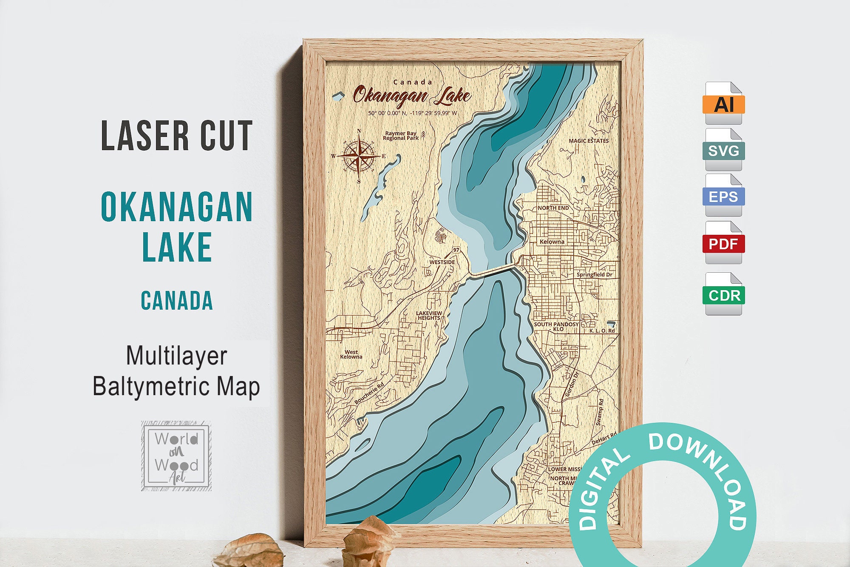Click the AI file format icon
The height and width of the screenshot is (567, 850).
tap(723, 103)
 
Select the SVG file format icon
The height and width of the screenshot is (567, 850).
tap(723, 150)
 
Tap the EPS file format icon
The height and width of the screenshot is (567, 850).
tap(723, 197)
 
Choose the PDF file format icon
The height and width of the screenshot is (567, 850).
tap(723, 243)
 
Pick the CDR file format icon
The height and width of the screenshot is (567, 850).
tap(723, 294)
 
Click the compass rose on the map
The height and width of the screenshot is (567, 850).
tap(359, 156)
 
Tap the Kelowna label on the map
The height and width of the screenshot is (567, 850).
tap(552, 242)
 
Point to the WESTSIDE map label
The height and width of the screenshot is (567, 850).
tap(442, 262)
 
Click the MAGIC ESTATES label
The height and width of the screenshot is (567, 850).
tap(589, 141)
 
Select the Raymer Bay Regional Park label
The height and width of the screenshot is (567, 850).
tap(401, 136)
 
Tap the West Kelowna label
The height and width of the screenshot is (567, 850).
tap(351, 354)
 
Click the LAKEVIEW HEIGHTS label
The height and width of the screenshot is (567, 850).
tap(429, 316)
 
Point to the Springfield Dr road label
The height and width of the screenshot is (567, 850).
tap(594, 275)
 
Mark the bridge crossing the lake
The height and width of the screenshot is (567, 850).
tap(493, 271)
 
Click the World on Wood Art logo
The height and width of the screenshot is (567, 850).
tap(176, 456)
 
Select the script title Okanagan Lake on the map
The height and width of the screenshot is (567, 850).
tap(411, 96)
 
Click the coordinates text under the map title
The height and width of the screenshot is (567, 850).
tap(412, 114)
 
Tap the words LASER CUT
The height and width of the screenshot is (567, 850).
tap(177, 136)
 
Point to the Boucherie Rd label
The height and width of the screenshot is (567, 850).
tap(369, 393)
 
